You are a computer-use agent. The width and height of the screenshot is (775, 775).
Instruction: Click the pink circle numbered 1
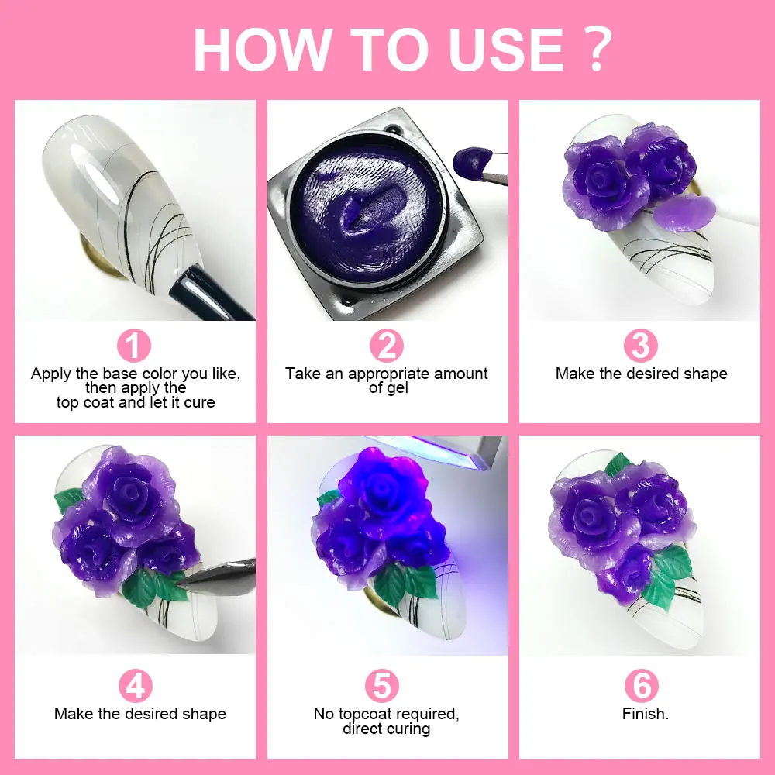pyautogui.click(x=134, y=346)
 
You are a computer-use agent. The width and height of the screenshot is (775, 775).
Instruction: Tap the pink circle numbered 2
pyautogui.click(x=386, y=346)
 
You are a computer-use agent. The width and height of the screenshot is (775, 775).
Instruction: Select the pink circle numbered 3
pyautogui.click(x=641, y=346)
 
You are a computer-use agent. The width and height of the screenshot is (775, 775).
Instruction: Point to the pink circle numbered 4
pyautogui.click(x=135, y=686)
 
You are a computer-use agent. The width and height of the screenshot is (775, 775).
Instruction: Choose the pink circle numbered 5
pyautogui.click(x=386, y=686)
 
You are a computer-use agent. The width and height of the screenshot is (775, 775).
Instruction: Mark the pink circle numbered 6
pyautogui.click(x=641, y=686)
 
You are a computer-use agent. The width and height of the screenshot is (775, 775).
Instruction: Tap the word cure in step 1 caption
pyautogui.click(x=199, y=402)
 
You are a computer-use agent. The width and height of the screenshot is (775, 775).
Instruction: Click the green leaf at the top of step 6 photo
pyautogui.click(x=618, y=464)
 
